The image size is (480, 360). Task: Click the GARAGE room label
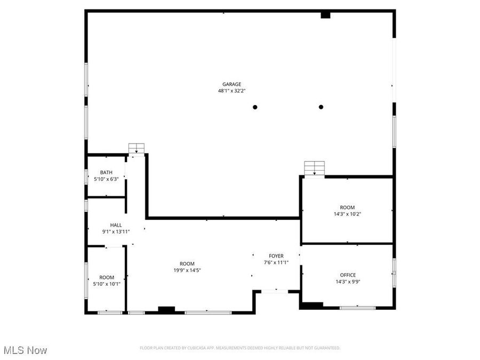tap(232, 84)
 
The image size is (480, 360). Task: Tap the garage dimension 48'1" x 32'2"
tap(232, 91)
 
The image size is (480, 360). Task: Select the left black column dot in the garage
tap(255, 107)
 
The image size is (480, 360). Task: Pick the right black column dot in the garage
tap(321, 107)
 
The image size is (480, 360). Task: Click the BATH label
tap(106, 172)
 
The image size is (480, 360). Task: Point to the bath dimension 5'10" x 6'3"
tap(106, 179)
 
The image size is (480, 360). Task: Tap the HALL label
tap(116, 225)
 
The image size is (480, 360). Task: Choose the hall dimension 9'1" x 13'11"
tap(116, 231)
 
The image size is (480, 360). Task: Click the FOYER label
tap(276, 256)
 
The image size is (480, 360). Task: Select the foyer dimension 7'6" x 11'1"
tap(276, 262)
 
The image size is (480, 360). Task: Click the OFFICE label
tap(348, 275)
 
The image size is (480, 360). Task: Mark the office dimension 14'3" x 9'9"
tap(348, 282)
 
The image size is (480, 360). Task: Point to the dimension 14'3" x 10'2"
tap(347, 214)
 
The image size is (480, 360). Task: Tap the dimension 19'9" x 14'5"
tap(187, 270)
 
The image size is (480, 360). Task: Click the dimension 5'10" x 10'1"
tap(107, 284)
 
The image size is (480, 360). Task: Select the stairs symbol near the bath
tap(137, 148)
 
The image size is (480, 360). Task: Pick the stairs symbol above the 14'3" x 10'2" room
tap(314, 167)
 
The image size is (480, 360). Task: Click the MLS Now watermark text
tap(25, 350)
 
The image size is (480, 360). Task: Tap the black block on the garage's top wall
tap(325, 15)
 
